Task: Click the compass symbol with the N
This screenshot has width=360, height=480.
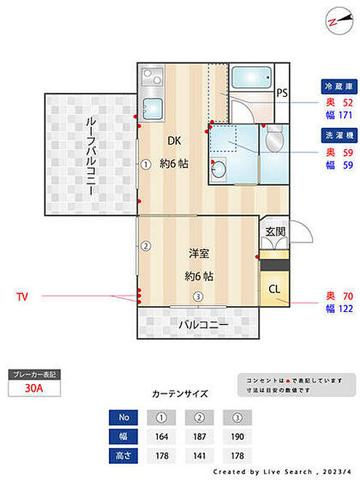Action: [x=339, y=21]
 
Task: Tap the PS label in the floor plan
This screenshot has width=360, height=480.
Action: [x=282, y=92]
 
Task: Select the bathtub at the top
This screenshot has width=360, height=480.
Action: [x=252, y=77]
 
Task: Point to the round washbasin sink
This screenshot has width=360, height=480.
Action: [x=219, y=169]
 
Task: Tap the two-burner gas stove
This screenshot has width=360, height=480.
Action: [x=152, y=77]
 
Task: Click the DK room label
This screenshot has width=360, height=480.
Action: [x=175, y=141]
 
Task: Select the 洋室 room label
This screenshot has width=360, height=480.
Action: [x=199, y=254]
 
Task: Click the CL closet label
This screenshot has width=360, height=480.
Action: [x=274, y=289]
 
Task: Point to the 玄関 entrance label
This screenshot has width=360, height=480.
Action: [x=276, y=232]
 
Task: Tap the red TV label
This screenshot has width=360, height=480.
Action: [x=23, y=297]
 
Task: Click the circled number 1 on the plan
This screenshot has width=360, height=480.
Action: [x=146, y=164]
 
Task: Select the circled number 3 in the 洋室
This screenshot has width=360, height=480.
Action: [x=199, y=296]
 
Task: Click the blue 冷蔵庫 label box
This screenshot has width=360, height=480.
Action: [x=339, y=87]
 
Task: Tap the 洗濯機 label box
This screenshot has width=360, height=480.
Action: [x=339, y=135]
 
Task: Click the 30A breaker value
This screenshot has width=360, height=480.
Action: [x=34, y=388]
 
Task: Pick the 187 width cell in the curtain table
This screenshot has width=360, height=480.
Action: [x=199, y=436]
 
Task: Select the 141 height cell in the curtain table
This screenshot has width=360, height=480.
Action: [x=199, y=456]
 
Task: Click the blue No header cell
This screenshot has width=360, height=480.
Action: [x=124, y=417]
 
